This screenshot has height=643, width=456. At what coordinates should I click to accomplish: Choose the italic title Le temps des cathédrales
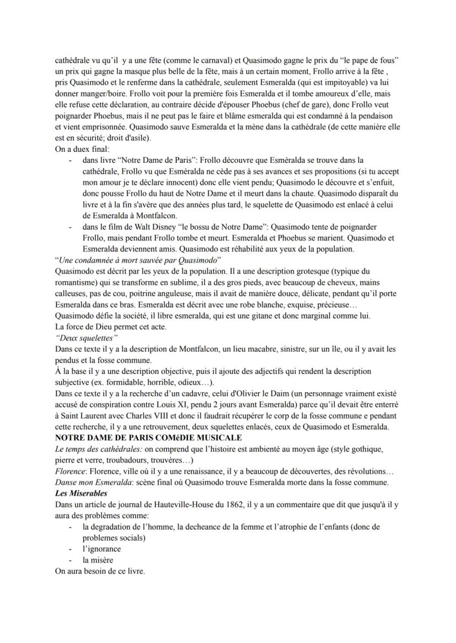95,448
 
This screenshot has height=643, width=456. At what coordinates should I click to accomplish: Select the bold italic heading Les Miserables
81,493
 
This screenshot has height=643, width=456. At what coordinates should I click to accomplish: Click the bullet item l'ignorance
102,548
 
